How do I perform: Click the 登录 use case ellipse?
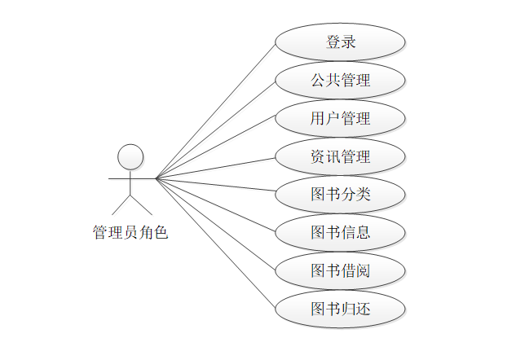coord(340,42)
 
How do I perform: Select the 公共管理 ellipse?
coord(340,81)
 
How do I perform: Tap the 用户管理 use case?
coord(340,118)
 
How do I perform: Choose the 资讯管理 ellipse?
coord(340,156)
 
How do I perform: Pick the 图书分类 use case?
coord(340,194)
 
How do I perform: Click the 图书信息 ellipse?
coord(340,232)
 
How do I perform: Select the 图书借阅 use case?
coord(340,270)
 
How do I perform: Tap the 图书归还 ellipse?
coord(340,308)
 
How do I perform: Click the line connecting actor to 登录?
coord(216,110)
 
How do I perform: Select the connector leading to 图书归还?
coord(216,243)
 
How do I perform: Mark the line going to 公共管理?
coord(216,129)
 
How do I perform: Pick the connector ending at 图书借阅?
coord(216,224)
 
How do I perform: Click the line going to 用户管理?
coord(216,147)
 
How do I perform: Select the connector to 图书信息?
coord(216,204)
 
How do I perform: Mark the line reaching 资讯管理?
coord(216,167)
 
